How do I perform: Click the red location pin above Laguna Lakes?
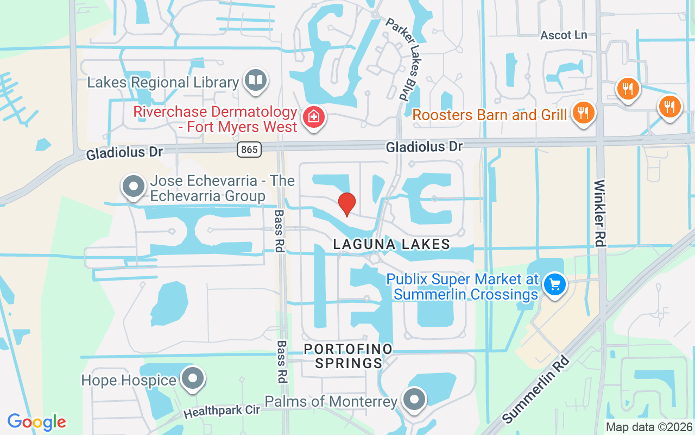[346, 204]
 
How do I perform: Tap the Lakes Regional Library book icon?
[255, 81]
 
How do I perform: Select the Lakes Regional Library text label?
[163, 83]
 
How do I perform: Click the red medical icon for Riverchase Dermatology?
[314, 116]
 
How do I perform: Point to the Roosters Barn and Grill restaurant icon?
[584, 113]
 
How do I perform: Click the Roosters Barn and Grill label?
[489, 115]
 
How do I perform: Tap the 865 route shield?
[249, 149]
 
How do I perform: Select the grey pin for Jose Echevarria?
[133, 187]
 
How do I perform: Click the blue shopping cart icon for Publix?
[554, 284]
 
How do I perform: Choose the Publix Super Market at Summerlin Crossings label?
[462, 287]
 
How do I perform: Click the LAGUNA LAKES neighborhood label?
[391, 244]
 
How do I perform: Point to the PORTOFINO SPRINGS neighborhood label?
[348, 356]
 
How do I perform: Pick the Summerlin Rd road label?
[536, 390]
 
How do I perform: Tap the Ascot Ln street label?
[564, 35]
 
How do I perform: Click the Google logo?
[37, 422]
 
